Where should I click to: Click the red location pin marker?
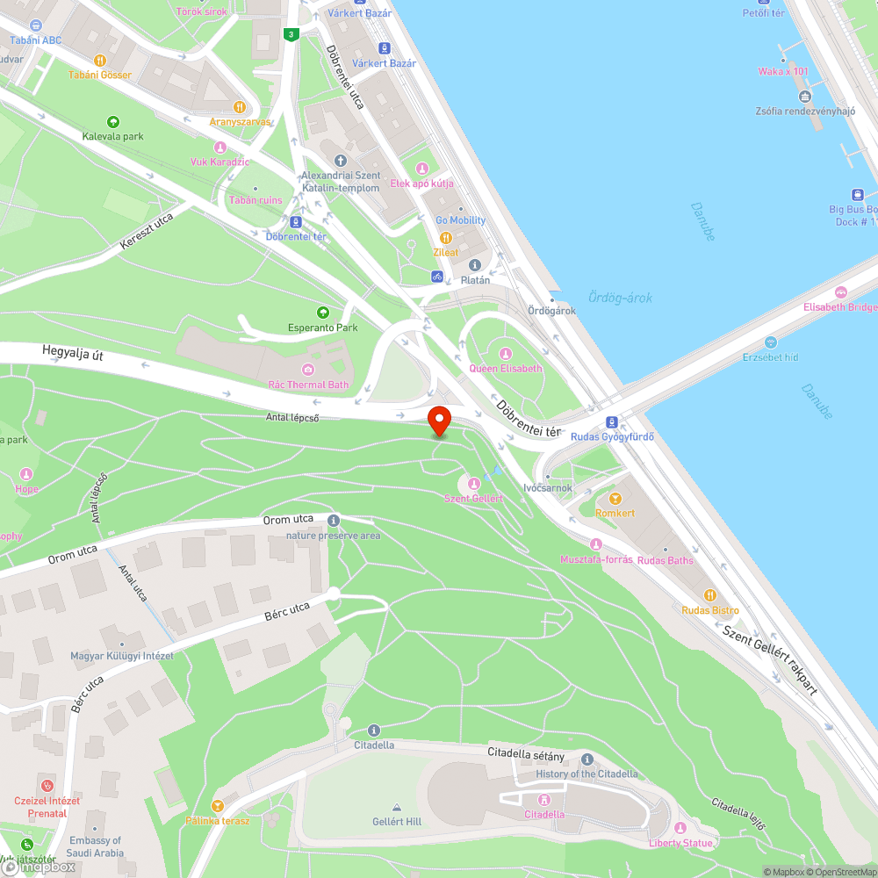tap(438, 420)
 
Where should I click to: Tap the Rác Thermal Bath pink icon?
tap(308, 369)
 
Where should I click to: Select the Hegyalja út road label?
tap(72, 354)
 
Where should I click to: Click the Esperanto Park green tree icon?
tap(323, 313)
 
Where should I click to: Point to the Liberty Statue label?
tap(680, 843)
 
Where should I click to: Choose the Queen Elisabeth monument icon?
tap(505, 353)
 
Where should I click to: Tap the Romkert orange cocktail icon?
tap(615, 498)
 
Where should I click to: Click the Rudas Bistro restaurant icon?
tap(710, 594)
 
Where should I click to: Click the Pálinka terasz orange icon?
tap(218, 805)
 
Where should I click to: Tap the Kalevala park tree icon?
tap(112, 121)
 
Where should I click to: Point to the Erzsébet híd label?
tap(770, 357)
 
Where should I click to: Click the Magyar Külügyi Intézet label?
tap(122, 656)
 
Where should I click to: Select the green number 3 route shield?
tap(291, 34)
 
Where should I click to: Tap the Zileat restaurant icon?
tap(446, 237)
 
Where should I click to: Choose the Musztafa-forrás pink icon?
tap(596, 544)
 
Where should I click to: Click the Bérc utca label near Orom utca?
tap(287, 612)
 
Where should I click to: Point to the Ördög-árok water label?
tap(620, 299)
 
